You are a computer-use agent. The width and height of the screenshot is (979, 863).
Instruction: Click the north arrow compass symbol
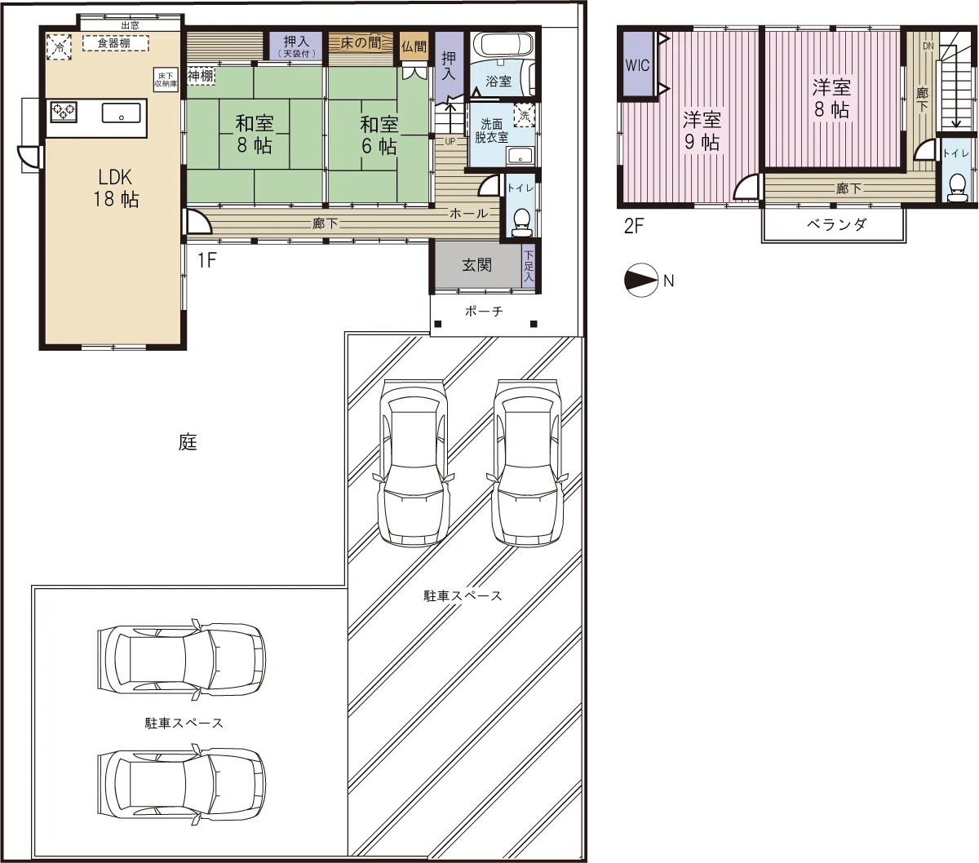(x=641, y=280)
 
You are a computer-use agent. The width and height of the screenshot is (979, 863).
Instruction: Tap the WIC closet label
(x=637, y=64)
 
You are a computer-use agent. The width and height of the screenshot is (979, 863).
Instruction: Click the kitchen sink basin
(x=122, y=113)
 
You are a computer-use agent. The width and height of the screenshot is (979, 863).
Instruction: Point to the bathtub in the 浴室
(x=503, y=46)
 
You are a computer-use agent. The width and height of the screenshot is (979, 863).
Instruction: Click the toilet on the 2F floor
(x=956, y=188)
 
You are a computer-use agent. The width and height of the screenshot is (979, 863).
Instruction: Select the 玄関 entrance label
(x=476, y=265)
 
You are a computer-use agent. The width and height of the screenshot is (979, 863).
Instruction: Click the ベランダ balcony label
(x=836, y=224)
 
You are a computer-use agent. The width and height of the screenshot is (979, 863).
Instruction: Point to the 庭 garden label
(x=188, y=442)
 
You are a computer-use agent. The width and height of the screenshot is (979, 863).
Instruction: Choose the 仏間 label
(x=414, y=46)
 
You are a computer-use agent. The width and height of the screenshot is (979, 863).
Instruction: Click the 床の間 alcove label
(x=361, y=43)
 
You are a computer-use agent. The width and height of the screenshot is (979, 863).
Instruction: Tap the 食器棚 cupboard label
(x=113, y=43)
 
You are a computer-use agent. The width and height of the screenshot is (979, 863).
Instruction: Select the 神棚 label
(x=200, y=75)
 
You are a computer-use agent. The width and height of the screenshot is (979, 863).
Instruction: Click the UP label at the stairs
(x=450, y=142)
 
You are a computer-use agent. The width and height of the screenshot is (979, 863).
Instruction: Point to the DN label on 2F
(x=928, y=46)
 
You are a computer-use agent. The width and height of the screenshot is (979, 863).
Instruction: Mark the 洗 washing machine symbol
(x=525, y=115)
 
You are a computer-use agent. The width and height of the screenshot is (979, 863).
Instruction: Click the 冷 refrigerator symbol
(x=59, y=47)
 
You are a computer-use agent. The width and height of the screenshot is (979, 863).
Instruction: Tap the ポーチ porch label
(x=484, y=311)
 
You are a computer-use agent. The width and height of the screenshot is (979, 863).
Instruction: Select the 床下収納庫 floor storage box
(x=166, y=80)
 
